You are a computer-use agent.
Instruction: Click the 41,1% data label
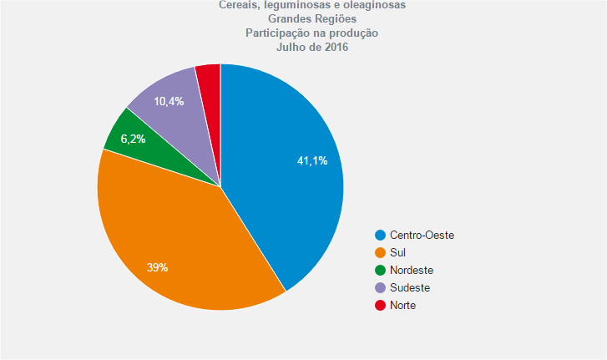[x=312, y=160]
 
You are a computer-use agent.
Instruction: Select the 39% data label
[x=158, y=267]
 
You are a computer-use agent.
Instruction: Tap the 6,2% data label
[x=133, y=139]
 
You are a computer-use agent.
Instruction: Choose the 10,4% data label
[x=169, y=101]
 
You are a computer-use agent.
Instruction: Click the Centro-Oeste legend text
[x=422, y=236]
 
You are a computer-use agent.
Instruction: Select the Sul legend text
[x=398, y=253]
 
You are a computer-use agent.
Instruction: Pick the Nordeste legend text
[x=412, y=271]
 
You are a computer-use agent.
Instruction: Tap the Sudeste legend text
[x=410, y=288]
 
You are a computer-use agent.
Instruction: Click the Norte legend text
[x=402, y=306]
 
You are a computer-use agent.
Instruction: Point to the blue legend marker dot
[x=381, y=236]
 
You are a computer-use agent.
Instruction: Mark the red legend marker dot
[x=381, y=306]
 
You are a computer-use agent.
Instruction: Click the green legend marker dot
[x=381, y=271]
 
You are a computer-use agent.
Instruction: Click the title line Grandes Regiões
[x=311, y=18]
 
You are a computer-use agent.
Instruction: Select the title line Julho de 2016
[x=311, y=47]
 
